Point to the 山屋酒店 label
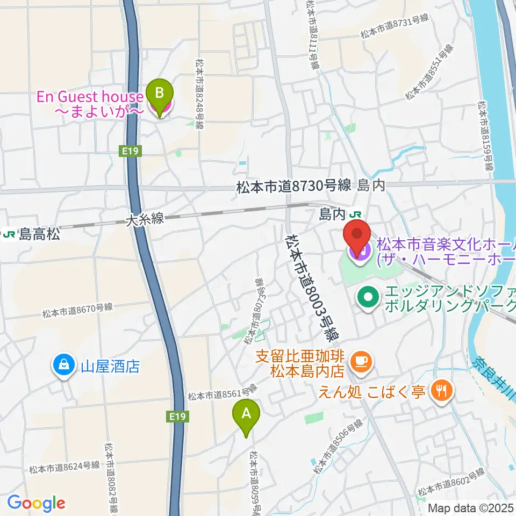[x=110, y=367]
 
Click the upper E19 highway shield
[x=131, y=152]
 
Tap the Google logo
[x=37, y=504]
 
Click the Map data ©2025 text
[x=470, y=507]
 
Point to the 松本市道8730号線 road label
[x=293, y=187]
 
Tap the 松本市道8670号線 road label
[x=79, y=310]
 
